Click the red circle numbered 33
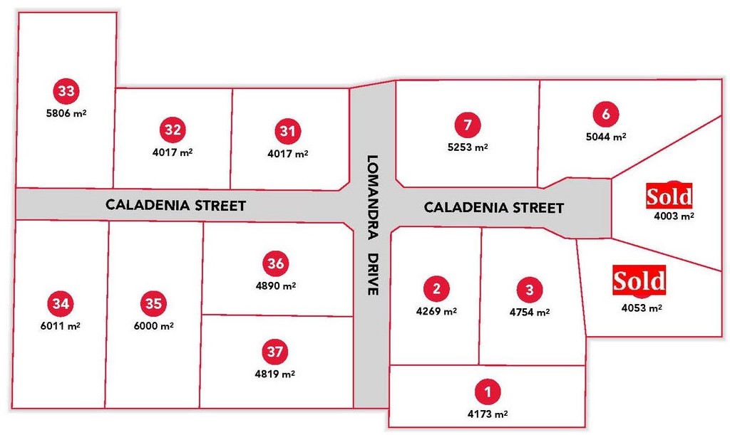[66, 91]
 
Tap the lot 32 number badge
[173, 130]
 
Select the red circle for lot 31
[287, 131]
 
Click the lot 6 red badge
[606, 114]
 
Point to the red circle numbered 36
[276, 263]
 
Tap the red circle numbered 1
[488, 392]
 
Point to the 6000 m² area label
[153, 325]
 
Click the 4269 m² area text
[436, 310]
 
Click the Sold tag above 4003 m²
[669, 195]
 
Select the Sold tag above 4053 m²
[639, 281]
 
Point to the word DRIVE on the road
[371, 274]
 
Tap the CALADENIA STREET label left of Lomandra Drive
[175, 206]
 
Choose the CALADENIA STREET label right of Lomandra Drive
[493, 208]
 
